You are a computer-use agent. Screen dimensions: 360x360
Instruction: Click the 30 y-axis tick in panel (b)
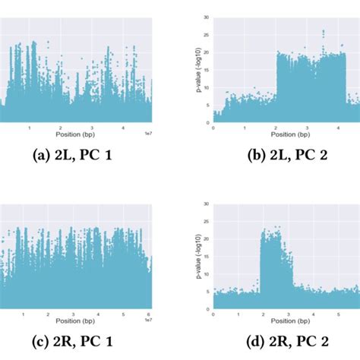click(x=207, y=16)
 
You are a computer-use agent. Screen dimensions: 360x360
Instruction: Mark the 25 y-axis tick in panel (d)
click(x=207, y=219)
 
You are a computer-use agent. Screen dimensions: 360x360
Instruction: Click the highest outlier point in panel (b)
click(x=323, y=31)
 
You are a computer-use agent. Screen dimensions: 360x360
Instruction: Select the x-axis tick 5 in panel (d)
click(x=336, y=314)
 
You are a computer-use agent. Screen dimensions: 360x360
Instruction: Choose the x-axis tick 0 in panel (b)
click(x=213, y=128)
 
